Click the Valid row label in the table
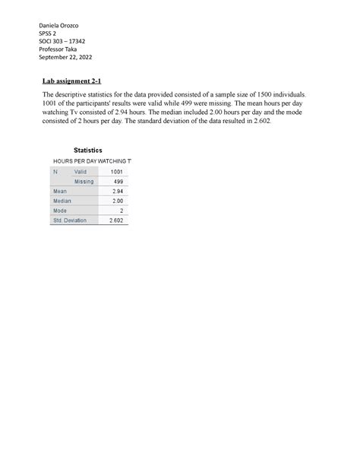(81, 172)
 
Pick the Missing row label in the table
(84, 182)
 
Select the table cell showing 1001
(114, 172)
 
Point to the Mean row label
(60, 192)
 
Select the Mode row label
(60, 211)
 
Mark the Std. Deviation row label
(70, 220)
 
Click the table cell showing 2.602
(115, 220)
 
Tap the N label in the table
(55, 172)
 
